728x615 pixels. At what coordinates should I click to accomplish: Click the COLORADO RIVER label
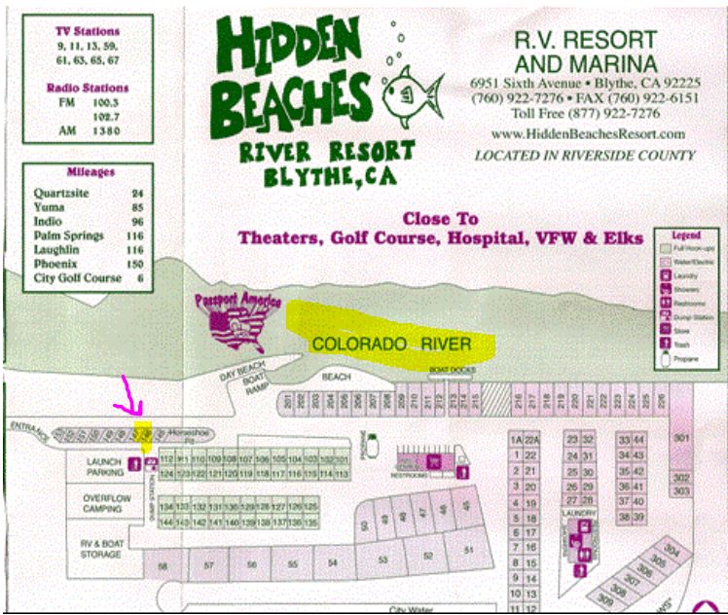pyautogui.click(x=391, y=344)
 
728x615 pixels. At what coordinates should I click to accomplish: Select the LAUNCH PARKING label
pyautogui.click(x=105, y=466)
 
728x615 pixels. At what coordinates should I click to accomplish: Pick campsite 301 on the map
pyautogui.click(x=681, y=438)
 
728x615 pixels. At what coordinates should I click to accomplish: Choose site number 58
pyautogui.click(x=164, y=564)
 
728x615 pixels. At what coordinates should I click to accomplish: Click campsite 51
pyautogui.click(x=468, y=550)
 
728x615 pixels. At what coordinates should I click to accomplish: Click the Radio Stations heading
pyautogui.click(x=88, y=88)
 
